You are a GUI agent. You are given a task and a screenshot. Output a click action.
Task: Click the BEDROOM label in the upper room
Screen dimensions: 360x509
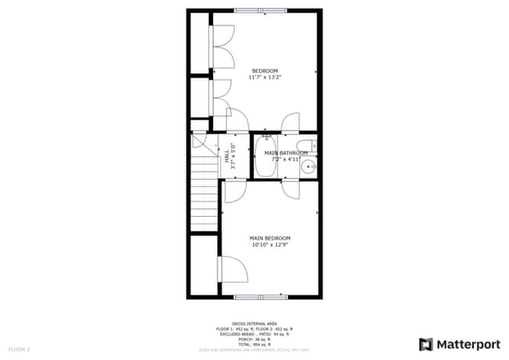coord(265,71)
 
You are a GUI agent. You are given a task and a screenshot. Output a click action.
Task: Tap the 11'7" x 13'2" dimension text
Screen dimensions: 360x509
coord(265,77)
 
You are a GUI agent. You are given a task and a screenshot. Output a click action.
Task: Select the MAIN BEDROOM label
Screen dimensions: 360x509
coord(270,238)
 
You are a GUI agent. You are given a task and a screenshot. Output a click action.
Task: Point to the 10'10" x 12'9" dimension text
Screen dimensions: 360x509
coord(270,244)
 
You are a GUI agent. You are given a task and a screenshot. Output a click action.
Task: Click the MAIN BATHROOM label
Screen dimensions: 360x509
coord(285,153)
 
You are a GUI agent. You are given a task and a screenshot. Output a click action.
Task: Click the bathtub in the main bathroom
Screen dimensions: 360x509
coord(264,157)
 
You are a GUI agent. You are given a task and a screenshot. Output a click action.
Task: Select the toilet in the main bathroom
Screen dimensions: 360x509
coord(311,145)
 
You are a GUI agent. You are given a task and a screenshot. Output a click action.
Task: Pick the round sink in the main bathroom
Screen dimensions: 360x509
coord(309,166)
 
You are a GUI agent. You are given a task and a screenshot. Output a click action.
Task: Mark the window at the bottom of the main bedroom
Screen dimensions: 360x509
coord(261,297)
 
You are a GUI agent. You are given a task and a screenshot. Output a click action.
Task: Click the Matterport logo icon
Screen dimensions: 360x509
coord(426,344)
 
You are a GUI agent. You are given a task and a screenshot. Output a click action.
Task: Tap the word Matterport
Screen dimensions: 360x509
coord(467,344)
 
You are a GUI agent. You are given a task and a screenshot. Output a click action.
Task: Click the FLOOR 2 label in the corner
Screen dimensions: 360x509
coord(19,348)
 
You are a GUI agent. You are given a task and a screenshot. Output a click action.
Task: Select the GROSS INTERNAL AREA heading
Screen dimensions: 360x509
coord(254,322)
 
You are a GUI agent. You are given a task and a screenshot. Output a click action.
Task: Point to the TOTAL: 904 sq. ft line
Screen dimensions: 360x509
coord(254,344)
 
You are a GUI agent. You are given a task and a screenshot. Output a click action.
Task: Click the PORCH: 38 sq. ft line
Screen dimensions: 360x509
coord(254,339)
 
